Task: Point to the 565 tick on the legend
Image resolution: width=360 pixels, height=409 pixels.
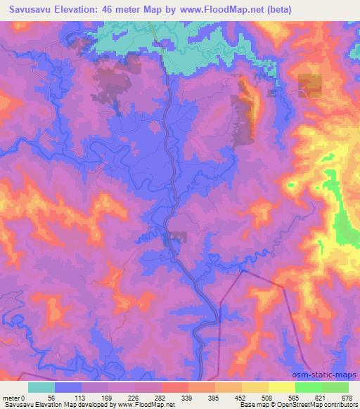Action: click(x=295, y=397)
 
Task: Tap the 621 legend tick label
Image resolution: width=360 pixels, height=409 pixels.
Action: click(x=321, y=397)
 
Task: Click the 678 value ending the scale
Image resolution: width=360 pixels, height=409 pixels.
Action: click(x=347, y=397)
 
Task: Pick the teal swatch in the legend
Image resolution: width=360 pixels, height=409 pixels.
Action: click(x=42, y=387)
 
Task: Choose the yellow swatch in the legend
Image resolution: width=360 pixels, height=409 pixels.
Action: click(x=281, y=387)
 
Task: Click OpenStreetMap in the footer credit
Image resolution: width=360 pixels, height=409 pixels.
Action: click(x=291, y=405)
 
